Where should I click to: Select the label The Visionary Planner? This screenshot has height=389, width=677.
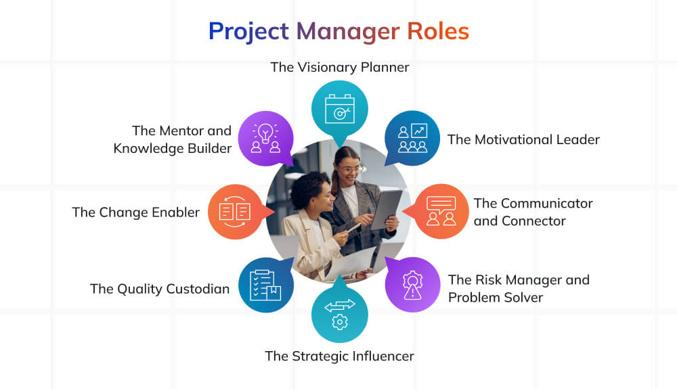[339, 67]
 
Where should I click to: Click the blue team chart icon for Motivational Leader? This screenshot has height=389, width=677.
[412, 138]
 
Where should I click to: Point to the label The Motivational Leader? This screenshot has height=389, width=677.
[523, 139]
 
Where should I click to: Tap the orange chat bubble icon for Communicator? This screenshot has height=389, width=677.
[441, 211]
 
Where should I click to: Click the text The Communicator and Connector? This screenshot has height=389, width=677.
[533, 212]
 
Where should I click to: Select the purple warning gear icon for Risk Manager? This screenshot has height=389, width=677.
[412, 284]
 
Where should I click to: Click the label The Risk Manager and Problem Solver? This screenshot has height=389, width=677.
[518, 288]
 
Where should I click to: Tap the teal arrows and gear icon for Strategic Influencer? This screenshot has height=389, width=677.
[339, 314]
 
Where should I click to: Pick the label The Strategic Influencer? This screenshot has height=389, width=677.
[339, 356]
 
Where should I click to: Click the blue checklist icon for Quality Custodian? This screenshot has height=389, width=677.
[265, 284]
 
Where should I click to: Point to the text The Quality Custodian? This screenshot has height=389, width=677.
[160, 289]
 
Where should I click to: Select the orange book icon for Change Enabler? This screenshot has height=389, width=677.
[235, 211]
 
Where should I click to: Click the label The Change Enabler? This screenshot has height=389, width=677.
[136, 212]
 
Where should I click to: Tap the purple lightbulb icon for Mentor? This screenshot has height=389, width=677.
[265, 138]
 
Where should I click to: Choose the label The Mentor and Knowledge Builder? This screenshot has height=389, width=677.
[173, 139]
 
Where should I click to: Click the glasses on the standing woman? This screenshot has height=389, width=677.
[351, 169]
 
